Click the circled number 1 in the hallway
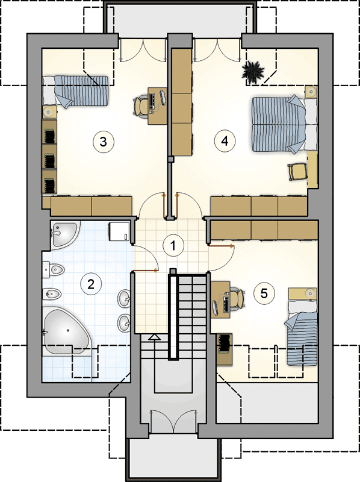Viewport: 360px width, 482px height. click(173, 246)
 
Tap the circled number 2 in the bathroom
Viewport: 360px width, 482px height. click(91, 284)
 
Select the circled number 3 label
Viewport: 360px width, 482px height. click(103, 142)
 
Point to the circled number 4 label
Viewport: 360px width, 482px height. click(225, 142)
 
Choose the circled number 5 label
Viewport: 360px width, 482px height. click(264, 293)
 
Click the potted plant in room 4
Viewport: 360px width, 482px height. click(253, 73)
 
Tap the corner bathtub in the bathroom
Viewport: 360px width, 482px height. click(67, 331)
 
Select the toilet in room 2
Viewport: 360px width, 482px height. click(53, 269)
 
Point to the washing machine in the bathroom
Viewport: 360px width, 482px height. click(119, 231)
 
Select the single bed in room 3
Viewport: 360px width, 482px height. click(75, 91)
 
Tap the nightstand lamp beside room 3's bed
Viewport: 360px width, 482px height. click(49, 112)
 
